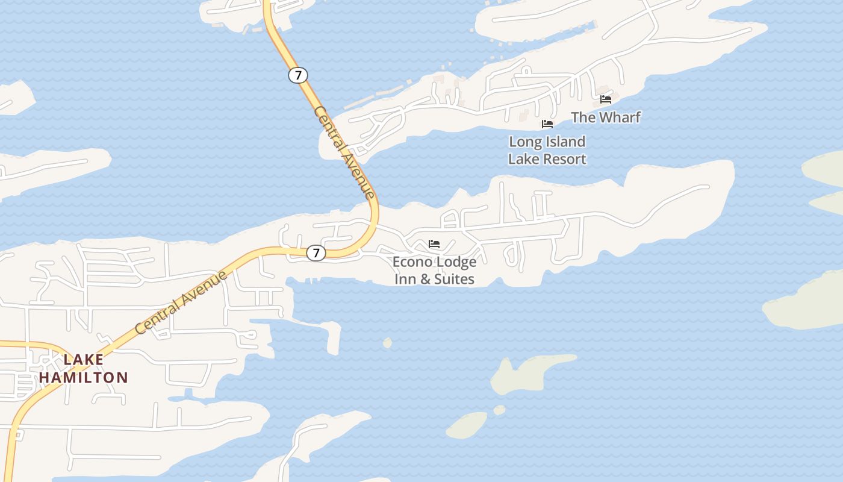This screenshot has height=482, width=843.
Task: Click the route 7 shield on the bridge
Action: point(297,75)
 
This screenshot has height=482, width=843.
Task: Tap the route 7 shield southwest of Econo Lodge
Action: point(316,252)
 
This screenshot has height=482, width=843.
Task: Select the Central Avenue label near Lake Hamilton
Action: point(181,302)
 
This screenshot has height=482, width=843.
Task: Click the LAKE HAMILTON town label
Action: point(84,369)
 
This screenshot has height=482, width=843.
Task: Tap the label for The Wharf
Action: point(605,117)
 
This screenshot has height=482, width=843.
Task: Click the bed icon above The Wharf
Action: point(606,99)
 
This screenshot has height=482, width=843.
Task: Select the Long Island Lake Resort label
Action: point(547,150)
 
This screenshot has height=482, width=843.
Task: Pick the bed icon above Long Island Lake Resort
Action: point(547,124)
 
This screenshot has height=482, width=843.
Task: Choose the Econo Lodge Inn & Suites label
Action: point(434,270)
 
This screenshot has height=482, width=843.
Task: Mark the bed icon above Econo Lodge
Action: point(434,244)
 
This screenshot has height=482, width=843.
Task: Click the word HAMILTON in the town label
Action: point(84,378)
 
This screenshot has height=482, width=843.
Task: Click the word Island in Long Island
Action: point(562,142)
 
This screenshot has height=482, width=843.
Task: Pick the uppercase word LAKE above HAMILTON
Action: point(84,360)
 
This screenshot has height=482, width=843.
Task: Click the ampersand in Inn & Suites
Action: point(423,279)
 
